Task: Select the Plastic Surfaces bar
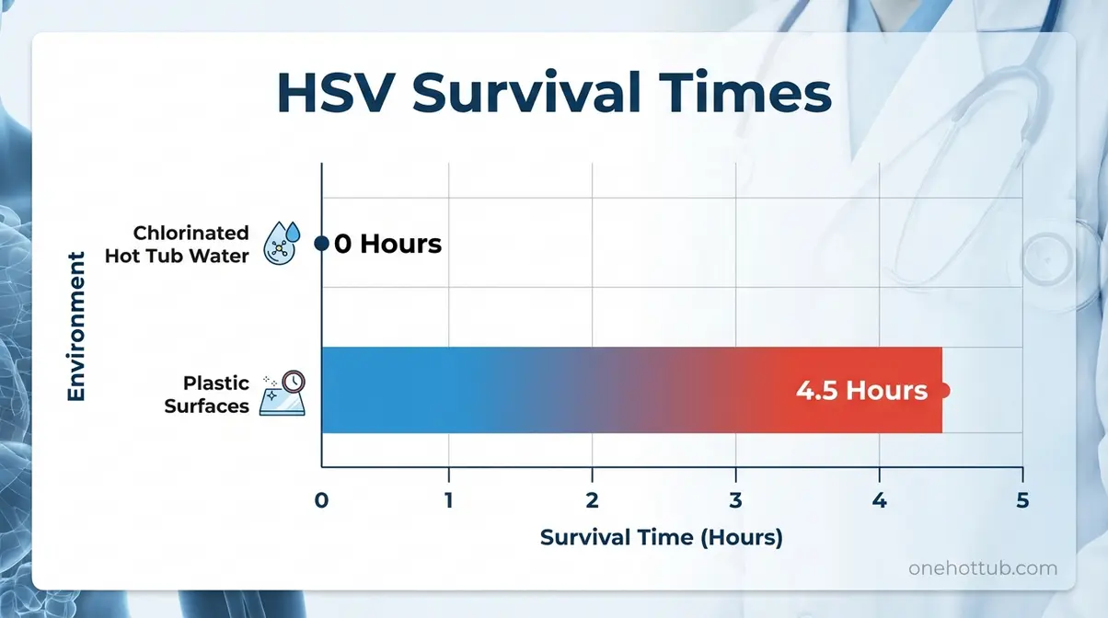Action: pos(552,390)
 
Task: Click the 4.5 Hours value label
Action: pos(861,390)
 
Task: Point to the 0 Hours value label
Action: pos(387,244)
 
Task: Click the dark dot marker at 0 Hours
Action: pos(321,244)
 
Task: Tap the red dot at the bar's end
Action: pos(942,390)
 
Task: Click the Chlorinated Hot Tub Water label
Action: pos(177,244)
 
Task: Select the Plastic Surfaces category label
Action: pos(206,394)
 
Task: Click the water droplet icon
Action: pos(282,244)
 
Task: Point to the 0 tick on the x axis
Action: pos(321,501)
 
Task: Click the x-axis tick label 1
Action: pos(448,501)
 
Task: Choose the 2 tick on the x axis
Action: pos(592,501)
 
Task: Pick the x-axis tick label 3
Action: pos(735,501)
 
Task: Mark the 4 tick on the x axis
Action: pos(879,501)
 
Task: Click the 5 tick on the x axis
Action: pos(1022,501)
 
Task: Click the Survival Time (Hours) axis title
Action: pos(661,537)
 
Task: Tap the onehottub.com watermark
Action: pos(983,568)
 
